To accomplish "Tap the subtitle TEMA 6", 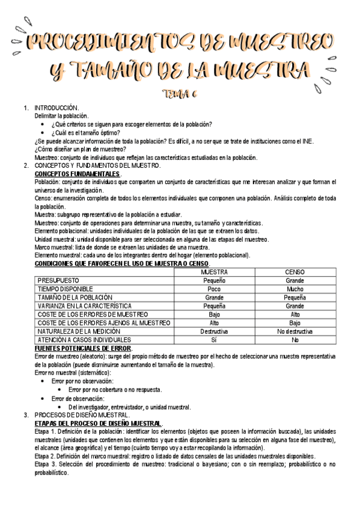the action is [x=180, y=93].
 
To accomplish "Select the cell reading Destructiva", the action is [x=214, y=331].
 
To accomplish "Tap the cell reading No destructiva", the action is [x=295, y=331].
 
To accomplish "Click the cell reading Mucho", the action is [x=295, y=289].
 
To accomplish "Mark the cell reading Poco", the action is [x=214, y=289].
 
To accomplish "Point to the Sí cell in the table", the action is [x=214, y=340].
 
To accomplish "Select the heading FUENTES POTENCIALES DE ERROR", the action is [x=83, y=348].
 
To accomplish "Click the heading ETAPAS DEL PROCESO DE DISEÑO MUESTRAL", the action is [x=98, y=423].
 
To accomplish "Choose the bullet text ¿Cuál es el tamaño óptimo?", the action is [x=86, y=133].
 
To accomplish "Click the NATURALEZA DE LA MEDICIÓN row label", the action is [x=79, y=331].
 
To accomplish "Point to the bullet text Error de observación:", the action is [x=78, y=398].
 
